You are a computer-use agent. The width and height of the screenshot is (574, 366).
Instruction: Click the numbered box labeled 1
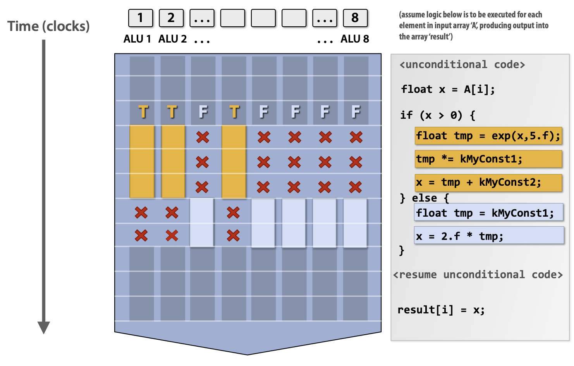pyautogui.click(x=140, y=18)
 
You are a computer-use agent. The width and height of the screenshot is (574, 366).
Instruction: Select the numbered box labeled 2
pyautogui.click(x=171, y=18)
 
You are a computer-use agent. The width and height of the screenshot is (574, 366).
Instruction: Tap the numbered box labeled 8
pyautogui.click(x=355, y=18)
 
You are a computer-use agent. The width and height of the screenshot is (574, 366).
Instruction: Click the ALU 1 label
pyautogui.click(x=137, y=39)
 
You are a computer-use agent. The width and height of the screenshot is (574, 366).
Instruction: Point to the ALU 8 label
pyautogui.click(x=354, y=39)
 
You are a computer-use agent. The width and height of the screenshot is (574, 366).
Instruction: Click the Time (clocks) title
pyautogui.click(x=48, y=26)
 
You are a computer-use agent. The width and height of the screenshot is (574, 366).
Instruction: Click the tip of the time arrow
pyautogui.click(x=44, y=332)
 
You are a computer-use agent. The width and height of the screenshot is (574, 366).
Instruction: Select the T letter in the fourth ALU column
pyautogui.click(x=234, y=112)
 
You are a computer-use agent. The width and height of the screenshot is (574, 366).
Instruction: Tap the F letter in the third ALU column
pyautogui.click(x=203, y=112)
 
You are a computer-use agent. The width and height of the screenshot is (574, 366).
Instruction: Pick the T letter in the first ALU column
pyautogui.click(x=143, y=112)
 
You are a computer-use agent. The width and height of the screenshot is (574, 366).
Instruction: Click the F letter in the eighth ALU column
pyautogui.click(x=356, y=112)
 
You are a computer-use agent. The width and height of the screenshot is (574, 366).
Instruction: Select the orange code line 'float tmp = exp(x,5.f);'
pyautogui.click(x=488, y=136)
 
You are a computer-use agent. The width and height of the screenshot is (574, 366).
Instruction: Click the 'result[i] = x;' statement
pyautogui.click(x=441, y=310)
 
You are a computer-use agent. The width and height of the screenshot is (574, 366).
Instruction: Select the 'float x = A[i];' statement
pyautogui.click(x=448, y=89)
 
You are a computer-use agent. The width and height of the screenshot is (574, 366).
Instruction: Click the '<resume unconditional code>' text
pyautogui.click(x=478, y=275)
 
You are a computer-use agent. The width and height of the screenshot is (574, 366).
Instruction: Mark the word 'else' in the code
pyautogui.click(x=424, y=198)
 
